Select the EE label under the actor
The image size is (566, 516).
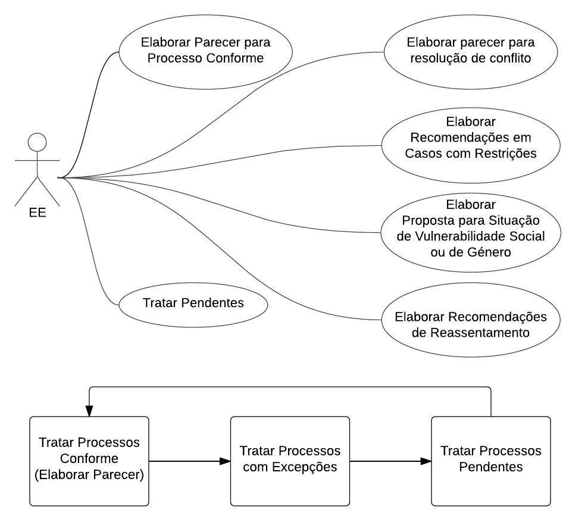click(37, 212)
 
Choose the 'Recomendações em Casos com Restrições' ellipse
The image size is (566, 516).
click(470, 145)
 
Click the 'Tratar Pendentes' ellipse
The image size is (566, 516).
click(193, 303)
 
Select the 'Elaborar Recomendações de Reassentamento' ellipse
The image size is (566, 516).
click(470, 324)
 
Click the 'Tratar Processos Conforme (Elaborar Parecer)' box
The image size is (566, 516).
click(89, 461)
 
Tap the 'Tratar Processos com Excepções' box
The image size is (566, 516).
click(290, 461)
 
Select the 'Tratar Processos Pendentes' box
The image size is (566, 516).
click(490, 461)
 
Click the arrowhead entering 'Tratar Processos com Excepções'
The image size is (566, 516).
click(225, 461)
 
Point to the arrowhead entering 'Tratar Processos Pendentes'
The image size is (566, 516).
click(426, 461)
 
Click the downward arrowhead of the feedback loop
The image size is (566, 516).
click(89, 411)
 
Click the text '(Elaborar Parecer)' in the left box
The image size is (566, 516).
click(89, 476)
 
